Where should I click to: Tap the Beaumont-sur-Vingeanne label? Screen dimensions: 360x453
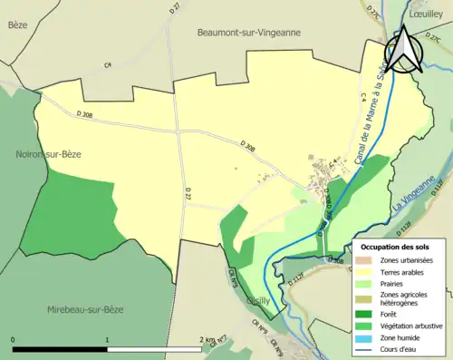pyautogui.click(x=248, y=32)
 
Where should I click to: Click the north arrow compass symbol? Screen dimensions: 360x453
pyautogui.click(x=405, y=53)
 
